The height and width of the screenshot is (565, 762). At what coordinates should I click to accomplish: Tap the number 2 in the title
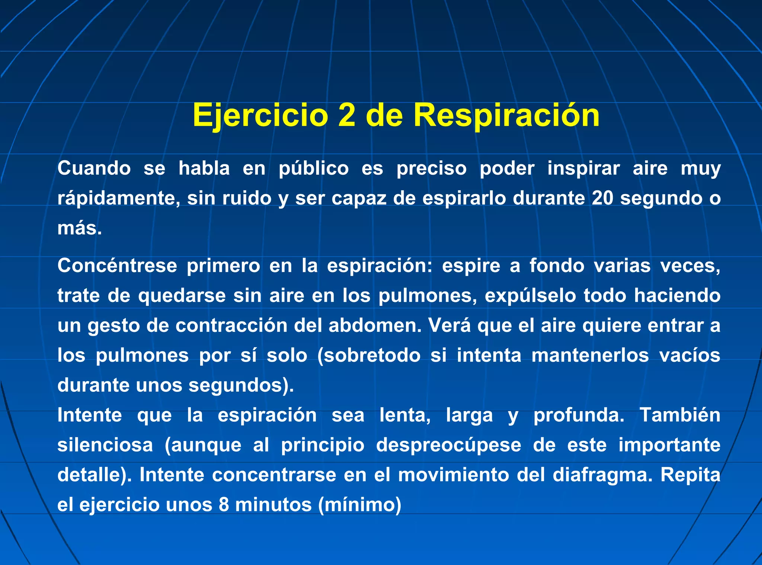[347, 115]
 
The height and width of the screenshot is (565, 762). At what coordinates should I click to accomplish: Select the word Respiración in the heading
[506, 115]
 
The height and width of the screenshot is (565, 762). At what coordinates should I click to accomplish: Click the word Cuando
[94, 168]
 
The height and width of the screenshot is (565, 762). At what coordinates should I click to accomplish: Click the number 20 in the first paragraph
[602, 198]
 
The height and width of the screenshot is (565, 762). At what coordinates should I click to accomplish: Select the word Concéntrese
[117, 266]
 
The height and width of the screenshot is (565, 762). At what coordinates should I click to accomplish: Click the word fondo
[557, 266]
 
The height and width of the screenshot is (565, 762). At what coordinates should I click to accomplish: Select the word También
[680, 415]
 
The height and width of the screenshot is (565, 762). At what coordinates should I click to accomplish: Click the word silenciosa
[105, 445]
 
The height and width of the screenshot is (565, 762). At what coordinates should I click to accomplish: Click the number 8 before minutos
[224, 505]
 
